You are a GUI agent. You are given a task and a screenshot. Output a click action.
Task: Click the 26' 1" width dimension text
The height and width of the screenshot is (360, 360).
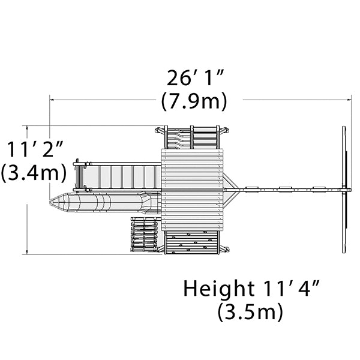coord(195,78)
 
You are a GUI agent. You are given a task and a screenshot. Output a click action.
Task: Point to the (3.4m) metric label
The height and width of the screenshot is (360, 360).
coord(34,173)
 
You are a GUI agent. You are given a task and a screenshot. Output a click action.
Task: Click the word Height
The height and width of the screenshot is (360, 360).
coord(219,288)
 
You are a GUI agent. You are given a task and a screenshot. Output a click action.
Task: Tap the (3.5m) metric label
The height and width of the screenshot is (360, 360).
coord(250,311)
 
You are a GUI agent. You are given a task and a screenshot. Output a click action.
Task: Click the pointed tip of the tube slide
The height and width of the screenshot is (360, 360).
coord(50,202)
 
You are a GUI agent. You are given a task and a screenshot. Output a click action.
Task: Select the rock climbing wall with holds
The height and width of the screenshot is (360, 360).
coord(192,242)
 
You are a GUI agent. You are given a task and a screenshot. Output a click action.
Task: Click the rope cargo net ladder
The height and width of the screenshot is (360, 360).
coord(144,235)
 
